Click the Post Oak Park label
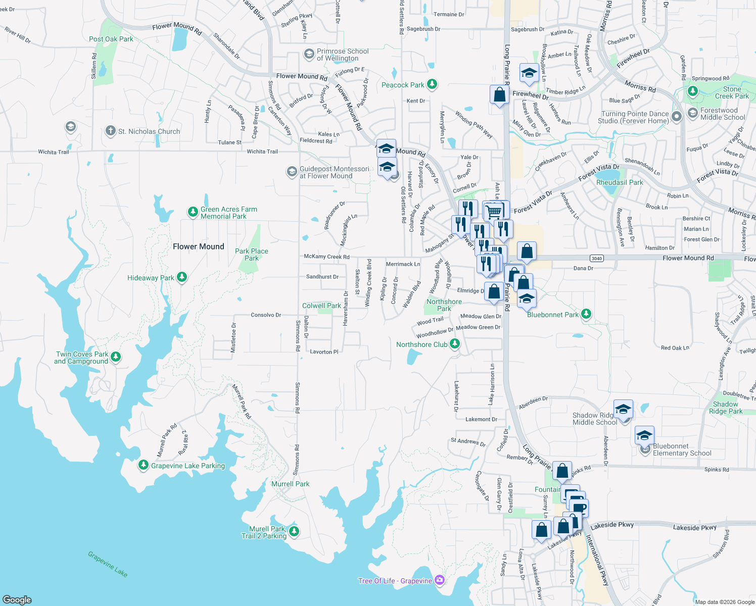111,39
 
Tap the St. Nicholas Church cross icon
110,131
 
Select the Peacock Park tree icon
432,84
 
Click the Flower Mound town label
198,246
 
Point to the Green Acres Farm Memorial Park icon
193,212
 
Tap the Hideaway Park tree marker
182,277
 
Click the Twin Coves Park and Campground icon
116,357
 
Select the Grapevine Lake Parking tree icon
144,465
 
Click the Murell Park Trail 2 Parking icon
294,531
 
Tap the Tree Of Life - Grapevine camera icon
440,580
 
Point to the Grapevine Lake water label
108,564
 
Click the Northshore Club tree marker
455,344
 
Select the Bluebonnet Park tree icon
586,314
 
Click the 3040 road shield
597,259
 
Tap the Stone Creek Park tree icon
693,91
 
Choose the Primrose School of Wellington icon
309,54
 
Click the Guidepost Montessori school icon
292,172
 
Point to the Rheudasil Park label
620,182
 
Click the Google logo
17,599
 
